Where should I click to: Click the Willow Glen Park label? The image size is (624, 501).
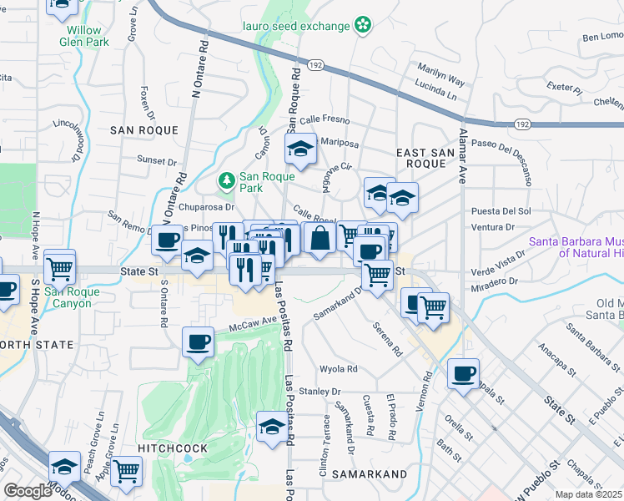pos(88,36)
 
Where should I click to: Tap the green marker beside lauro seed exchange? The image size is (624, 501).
pos(363,26)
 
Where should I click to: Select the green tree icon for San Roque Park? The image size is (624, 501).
pos(225,180)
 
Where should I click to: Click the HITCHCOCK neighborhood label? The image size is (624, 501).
pos(173,448)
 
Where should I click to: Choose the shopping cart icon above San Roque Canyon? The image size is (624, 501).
pos(60,267)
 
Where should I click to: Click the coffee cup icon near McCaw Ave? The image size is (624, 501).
pos(199,342)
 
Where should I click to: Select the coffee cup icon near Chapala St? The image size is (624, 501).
pos(463,373)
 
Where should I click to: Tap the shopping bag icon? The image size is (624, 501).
pos(320,237)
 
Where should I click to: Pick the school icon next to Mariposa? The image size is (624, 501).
pos(299,149)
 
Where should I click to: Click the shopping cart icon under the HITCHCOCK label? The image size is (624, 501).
pos(127,471)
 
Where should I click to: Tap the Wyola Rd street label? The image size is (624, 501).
pos(339,369)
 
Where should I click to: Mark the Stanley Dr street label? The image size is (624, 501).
pos(320,391)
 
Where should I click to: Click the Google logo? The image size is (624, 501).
pos(28,491)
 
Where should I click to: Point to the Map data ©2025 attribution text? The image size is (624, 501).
pos(586,494)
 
